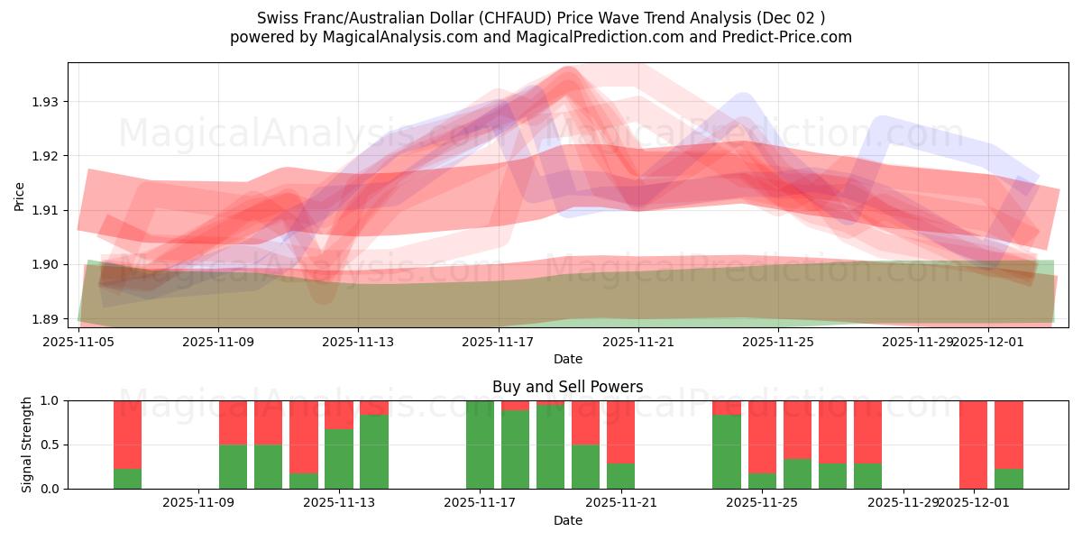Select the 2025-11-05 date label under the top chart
click(78, 342)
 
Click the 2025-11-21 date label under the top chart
click(638, 342)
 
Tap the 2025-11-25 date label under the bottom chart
click(762, 503)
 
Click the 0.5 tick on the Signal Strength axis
click(51, 445)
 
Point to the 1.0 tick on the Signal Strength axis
click(51, 400)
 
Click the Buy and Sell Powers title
click(567, 387)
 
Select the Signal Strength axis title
click(27, 445)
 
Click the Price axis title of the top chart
click(19, 197)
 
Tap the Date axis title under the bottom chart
click(567, 520)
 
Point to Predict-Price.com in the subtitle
click(790, 37)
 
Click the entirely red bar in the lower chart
click(973, 445)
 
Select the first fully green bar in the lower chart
click(480, 445)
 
